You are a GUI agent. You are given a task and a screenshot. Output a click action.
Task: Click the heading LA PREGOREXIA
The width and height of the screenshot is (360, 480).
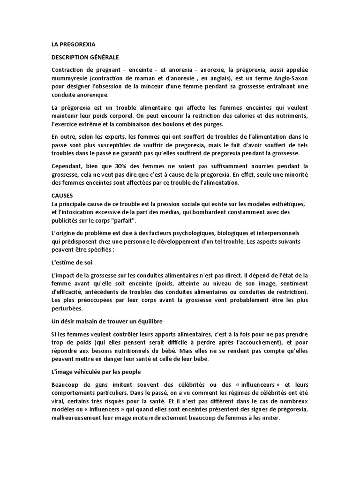tap(73, 45)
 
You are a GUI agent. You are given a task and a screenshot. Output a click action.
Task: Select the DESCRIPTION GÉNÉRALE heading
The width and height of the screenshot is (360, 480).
tap(85, 57)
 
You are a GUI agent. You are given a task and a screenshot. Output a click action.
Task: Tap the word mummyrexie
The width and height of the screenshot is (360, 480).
tap(68, 78)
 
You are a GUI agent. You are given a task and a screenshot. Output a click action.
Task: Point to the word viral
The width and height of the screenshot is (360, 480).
tap(59, 401)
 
